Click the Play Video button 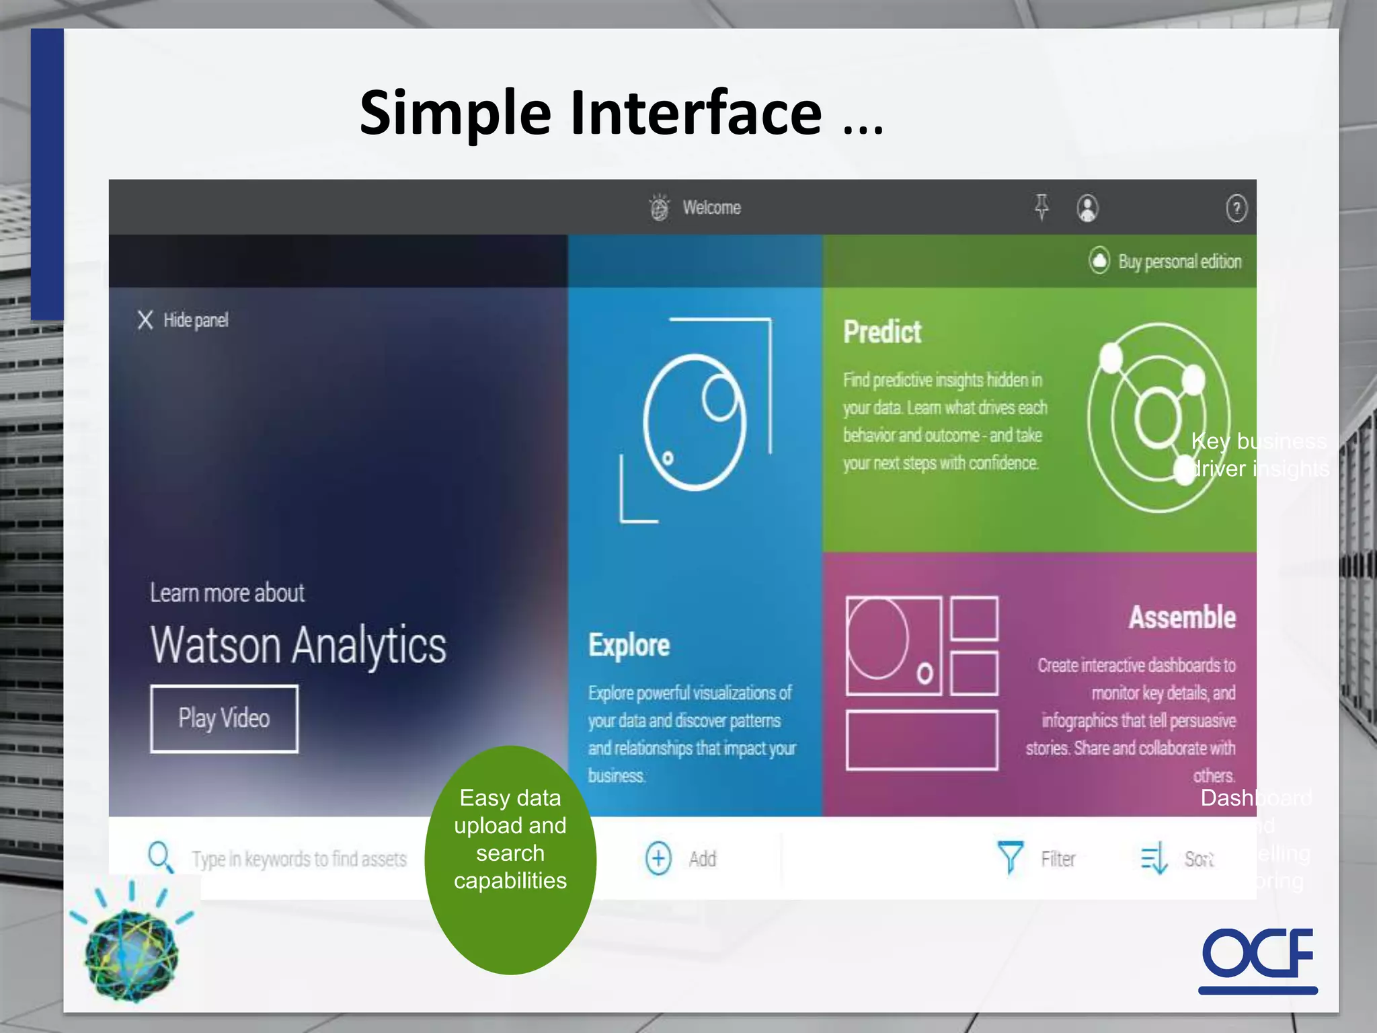pos(224,718)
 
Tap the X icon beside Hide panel pos(145,319)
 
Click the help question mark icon pos(1236,208)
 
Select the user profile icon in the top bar pos(1087,208)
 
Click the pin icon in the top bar pos(1041,207)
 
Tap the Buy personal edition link pos(1179,261)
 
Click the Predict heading pos(882,332)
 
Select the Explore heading pos(629,645)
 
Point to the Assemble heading pos(1182,617)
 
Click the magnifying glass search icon pos(160,857)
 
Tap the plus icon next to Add pos(658,859)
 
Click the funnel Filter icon pos(1010,857)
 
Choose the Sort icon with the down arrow pos(1154,859)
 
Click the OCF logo pos(1257,958)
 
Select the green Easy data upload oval pos(510,859)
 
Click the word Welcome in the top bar pos(711,208)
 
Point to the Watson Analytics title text pos(298,645)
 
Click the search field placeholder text pos(299,859)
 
